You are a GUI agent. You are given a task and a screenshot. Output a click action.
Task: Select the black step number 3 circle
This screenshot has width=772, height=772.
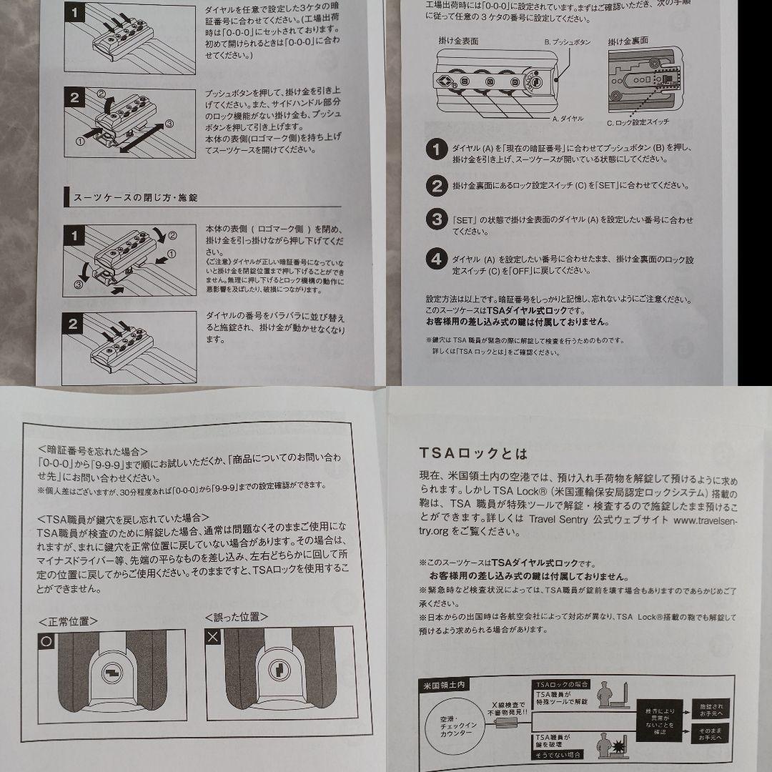[x=435, y=219]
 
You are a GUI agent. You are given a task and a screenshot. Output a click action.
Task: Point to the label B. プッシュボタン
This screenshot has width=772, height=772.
[x=567, y=42]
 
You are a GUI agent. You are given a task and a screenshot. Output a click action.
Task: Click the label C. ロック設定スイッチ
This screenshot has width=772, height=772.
[x=638, y=123]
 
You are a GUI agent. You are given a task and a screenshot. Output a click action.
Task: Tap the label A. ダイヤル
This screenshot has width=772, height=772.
[x=568, y=117]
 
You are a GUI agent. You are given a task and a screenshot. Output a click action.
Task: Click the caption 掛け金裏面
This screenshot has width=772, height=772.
[x=628, y=41]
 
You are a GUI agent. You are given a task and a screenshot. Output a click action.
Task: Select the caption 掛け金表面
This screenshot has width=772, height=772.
[x=458, y=41]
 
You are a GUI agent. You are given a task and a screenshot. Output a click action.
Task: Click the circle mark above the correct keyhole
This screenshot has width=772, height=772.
[x=46, y=641]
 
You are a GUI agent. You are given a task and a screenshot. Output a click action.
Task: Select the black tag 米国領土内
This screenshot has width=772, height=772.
[x=442, y=685]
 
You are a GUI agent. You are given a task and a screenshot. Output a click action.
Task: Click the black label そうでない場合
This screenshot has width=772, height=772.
[x=558, y=754]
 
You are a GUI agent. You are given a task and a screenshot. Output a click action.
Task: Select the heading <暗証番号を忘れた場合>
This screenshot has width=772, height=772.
[x=93, y=450]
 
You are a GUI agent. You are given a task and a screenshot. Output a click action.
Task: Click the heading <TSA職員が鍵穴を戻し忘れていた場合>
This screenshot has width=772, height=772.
[x=123, y=517]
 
